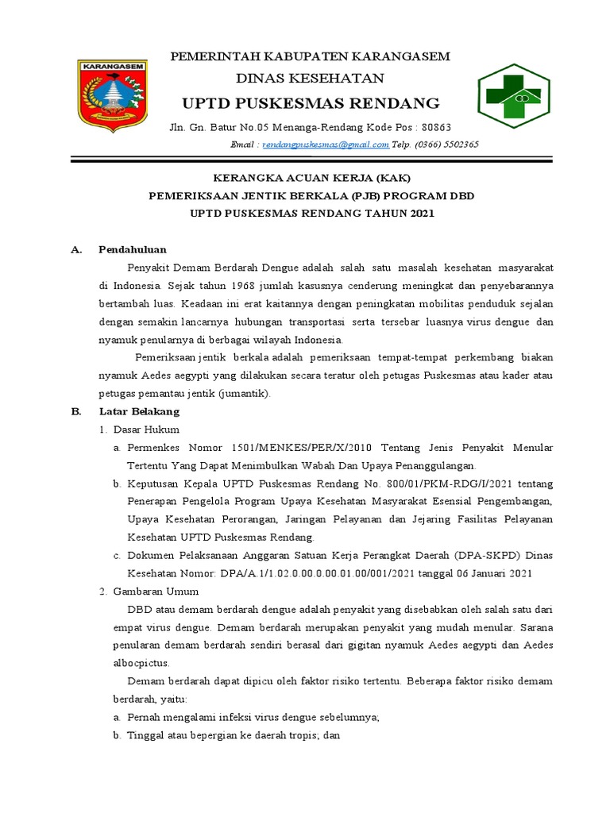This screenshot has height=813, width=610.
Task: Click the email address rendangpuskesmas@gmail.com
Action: point(325,144)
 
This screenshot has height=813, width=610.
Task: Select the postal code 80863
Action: point(436,127)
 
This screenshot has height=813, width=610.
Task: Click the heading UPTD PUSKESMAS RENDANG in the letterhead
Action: point(311,103)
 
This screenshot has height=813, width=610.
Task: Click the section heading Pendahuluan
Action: point(133,249)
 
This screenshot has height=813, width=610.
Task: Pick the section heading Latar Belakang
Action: point(140,412)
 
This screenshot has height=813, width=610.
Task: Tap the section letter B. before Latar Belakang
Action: point(77,412)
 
